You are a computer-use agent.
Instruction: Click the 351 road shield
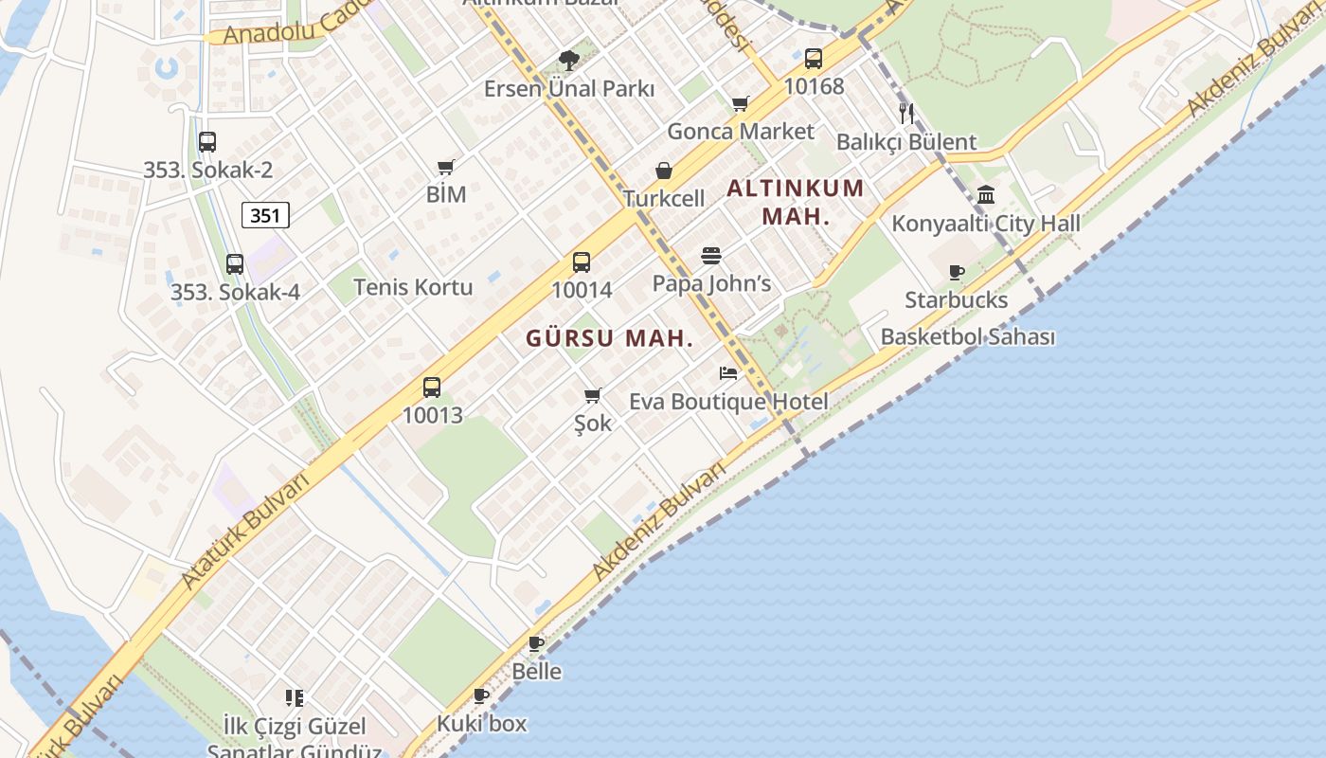[x=265, y=215]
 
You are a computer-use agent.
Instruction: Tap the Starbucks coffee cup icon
[x=957, y=273]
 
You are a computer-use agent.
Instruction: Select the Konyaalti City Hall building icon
[x=986, y=195]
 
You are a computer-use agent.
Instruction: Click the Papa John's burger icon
[x=711, y=256]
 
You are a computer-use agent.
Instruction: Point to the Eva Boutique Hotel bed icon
[x=728, y=373]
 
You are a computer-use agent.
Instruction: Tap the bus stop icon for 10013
[x=432, y=388]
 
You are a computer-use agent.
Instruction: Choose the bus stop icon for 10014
[x=582, y=262]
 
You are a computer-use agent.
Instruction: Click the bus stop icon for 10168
[x=814, y=59]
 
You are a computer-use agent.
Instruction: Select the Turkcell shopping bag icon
[x=664, y=171]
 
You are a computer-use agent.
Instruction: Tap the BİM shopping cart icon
[x=446, y=167]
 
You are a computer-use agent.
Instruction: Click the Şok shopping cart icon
[x=593, y=395]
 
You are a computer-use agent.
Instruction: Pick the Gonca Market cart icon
[x=741, y=103]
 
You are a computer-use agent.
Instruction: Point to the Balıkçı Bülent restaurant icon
[x=906, y=114]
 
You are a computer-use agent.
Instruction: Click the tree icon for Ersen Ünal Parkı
[x=569, y=62]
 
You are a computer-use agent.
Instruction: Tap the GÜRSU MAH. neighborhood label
[x=610, y=338]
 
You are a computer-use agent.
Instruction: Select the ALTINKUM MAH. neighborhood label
[x=796, y=201]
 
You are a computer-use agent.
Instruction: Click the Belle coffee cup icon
[x=536, y=644]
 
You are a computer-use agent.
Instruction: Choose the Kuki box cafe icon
[x=481, y=696]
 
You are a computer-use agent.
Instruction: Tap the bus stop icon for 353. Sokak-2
[x=207, y=142]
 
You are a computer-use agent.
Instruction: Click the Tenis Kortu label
[x=413, y=287]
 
